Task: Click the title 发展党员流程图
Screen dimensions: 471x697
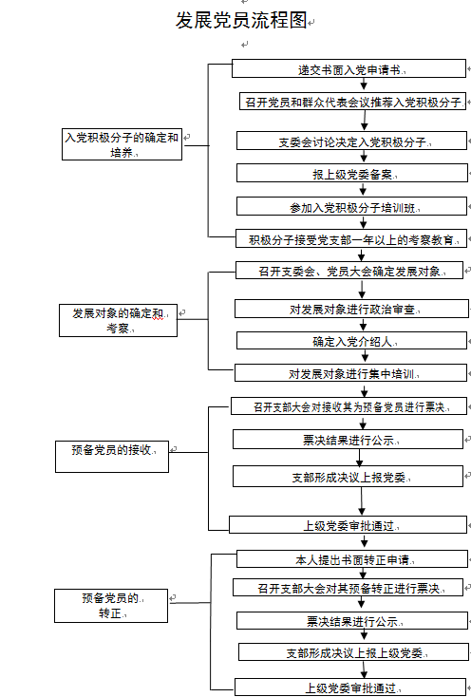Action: [x=241, y=20]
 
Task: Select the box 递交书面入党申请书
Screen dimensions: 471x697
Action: [x=349, y=69]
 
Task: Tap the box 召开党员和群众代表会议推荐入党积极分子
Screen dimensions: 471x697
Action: [x=353, y=102]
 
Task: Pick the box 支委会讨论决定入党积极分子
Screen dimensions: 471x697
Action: [x=352, y=141]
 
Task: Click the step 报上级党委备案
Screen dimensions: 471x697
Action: [x=352, y=173]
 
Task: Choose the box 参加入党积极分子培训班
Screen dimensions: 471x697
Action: [x=352, y=207]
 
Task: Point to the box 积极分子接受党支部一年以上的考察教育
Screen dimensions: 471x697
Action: [x=351, y=238]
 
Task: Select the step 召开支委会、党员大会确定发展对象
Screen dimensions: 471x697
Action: [x=349, y=271]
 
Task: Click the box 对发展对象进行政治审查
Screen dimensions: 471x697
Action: [x=351, y=309]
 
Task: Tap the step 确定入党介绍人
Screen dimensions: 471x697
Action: [x=352, y=341]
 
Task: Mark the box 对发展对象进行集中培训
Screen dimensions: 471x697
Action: [x=351, y=373]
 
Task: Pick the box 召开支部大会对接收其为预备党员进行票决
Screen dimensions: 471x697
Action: [x=349, y=406]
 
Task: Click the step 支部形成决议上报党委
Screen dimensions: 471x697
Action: [x=348, y=476]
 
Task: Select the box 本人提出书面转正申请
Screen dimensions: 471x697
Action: [x=352, y=558]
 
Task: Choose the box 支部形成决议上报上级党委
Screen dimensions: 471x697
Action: [x=354, y=651]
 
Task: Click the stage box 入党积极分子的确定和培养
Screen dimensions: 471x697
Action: [x=122, y=144]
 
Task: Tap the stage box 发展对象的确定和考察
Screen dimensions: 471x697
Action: [x=118, y=320]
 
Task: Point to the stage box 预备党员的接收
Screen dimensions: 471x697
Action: [x=112, y=457]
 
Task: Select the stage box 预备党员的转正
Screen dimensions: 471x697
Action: [x=111, y=606]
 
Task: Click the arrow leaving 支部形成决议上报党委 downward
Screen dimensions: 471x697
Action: [x=362, y=501]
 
